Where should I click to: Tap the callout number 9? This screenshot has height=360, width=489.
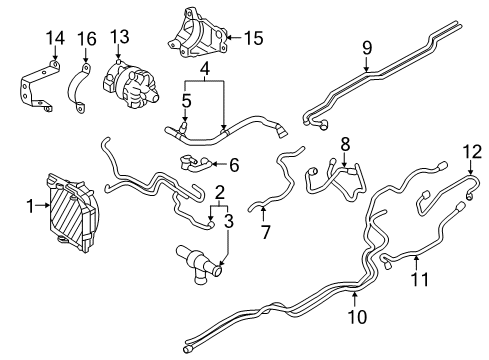366,46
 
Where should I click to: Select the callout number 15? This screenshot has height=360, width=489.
253,40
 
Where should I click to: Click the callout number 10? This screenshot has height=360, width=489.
355,317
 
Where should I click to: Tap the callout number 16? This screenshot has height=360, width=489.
86,39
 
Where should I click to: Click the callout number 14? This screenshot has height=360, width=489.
54,39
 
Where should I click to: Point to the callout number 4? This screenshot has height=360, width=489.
204,70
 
